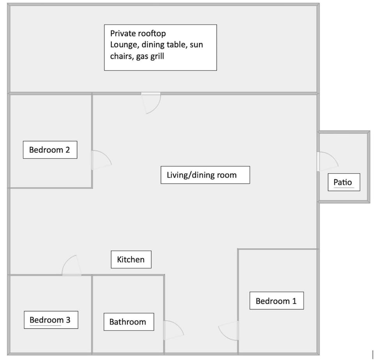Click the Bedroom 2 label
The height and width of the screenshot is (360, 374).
click(x=50, y=150)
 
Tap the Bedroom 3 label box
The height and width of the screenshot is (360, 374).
click(x=51, y=320)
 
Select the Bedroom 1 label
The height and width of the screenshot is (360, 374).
click(x=277, y=301)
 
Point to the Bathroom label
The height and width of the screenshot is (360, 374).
click(x=129, y=322)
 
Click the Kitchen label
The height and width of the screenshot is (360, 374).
click(x=131, y=259)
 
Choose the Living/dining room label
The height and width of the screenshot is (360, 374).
click(x=205, y=175)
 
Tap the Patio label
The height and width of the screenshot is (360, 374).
click(x=344, y=182)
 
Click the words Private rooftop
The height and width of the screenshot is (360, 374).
click(x=138, y=34)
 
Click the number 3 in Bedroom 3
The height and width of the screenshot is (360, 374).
click(x=68, y=320)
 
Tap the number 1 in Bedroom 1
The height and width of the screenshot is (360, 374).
click(x=294, y=301)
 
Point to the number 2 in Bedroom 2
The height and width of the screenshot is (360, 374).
click(x=67, y=150)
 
